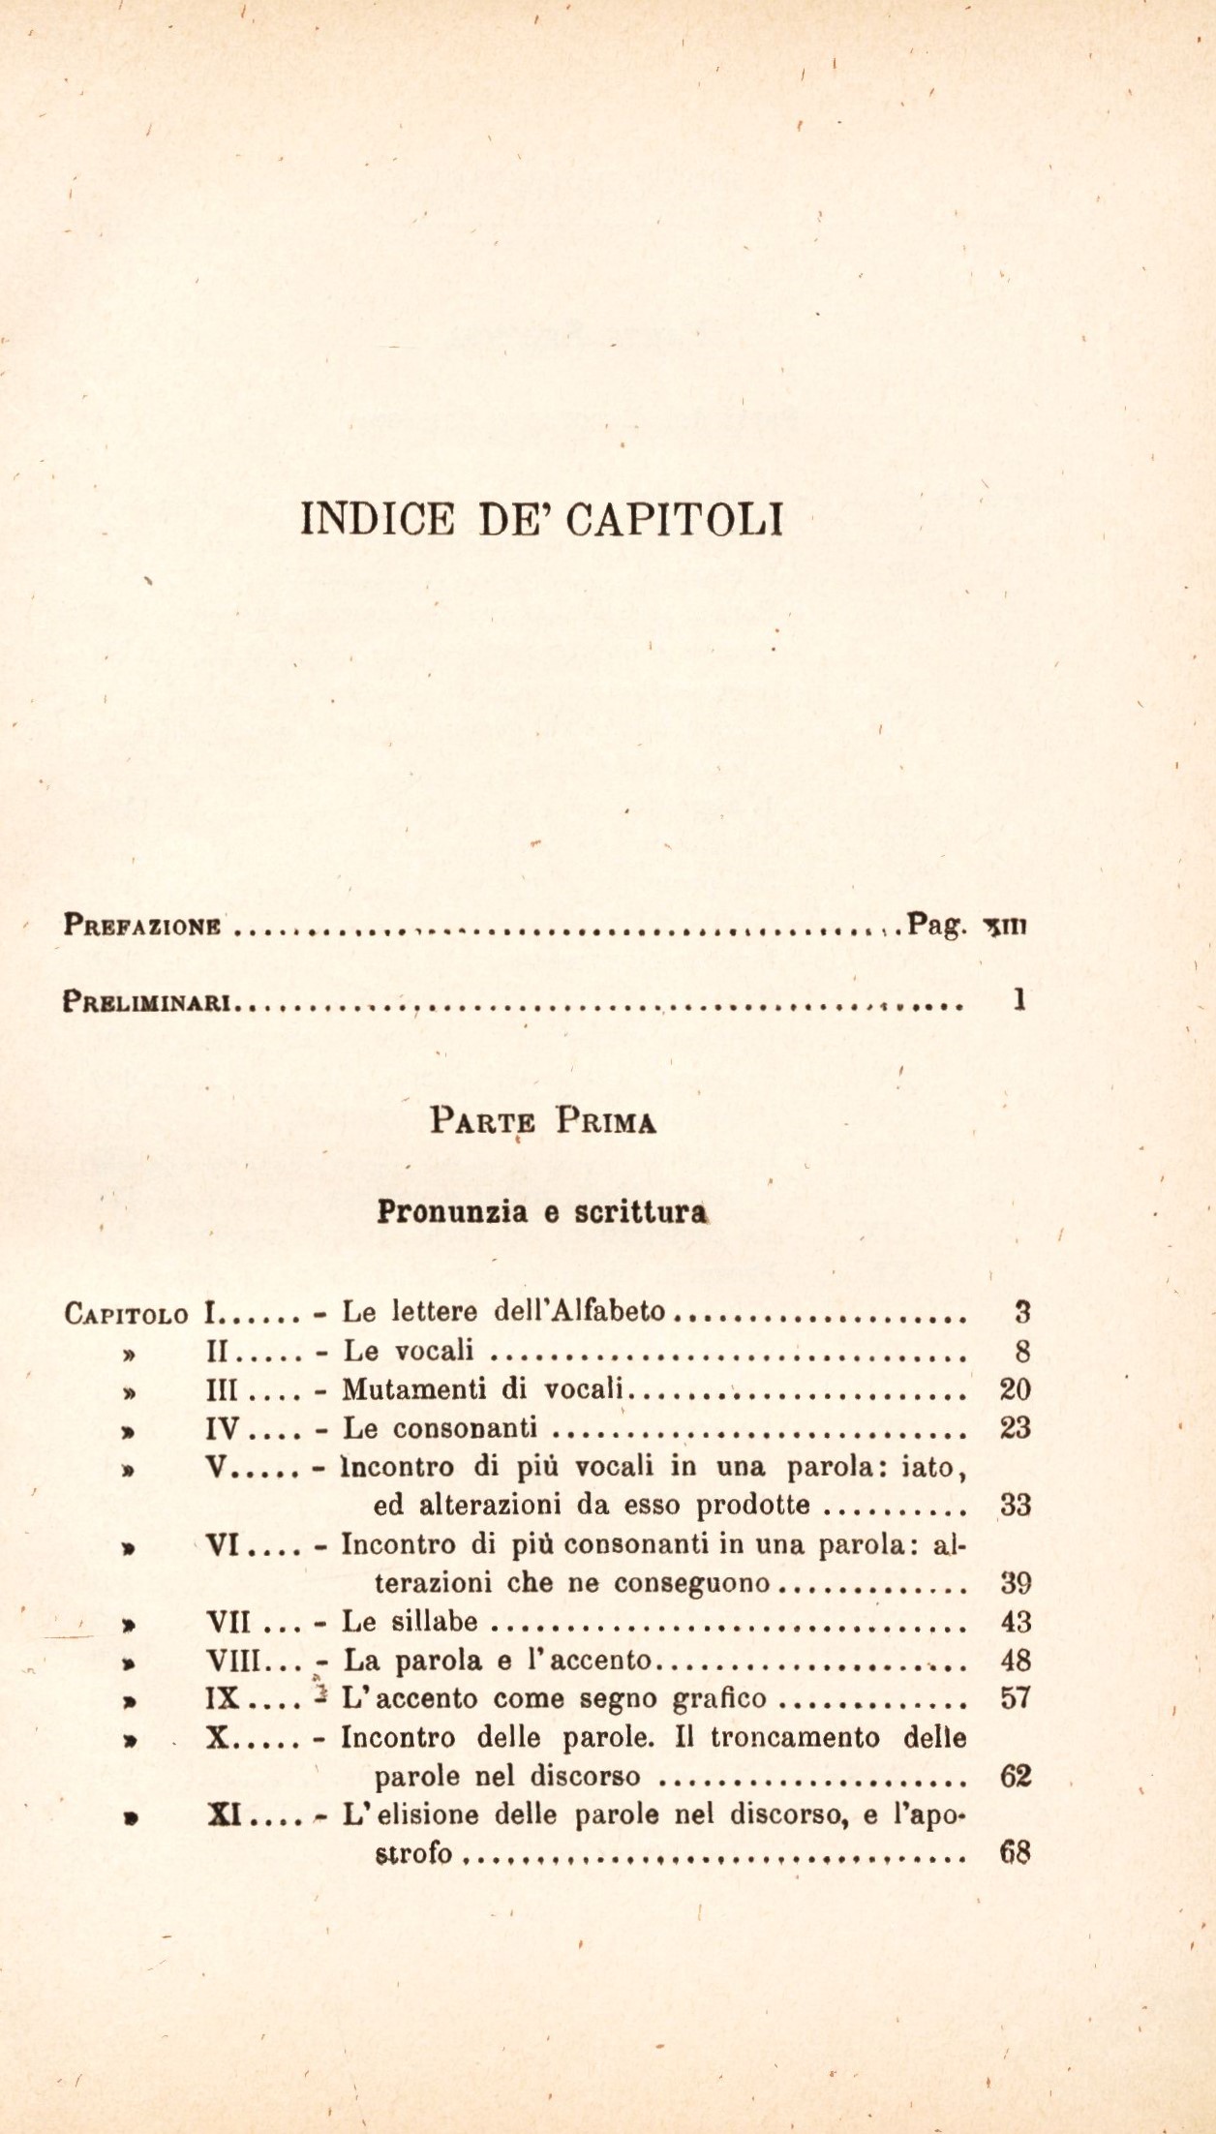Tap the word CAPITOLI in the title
tap(674, 518)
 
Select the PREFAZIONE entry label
tap(144, 925)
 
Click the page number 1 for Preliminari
tap(1018, 1000)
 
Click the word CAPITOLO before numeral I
tap(127, 1314)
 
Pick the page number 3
tap(1020, 1313)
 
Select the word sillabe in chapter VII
tap(445, 1622)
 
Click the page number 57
tap(1015, 1699)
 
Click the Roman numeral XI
tap(225, 1815)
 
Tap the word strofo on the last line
tap(413, 1854)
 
